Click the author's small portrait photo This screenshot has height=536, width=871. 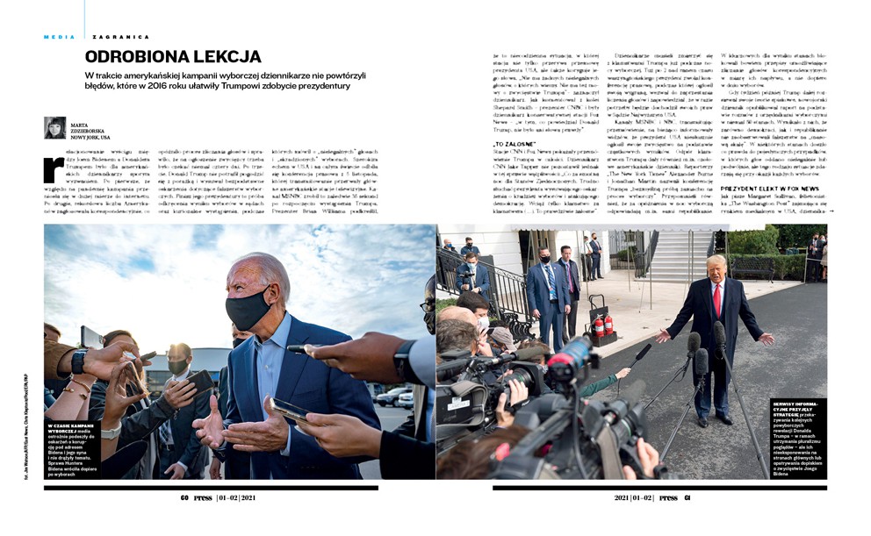click(54, 128)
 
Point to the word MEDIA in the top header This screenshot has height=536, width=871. click(59, 37)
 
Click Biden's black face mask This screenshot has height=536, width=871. click(248, 309)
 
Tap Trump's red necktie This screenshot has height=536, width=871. click(718, 297)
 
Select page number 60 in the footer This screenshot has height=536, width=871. click(185, 497)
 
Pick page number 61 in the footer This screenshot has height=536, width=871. click(687, 497)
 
